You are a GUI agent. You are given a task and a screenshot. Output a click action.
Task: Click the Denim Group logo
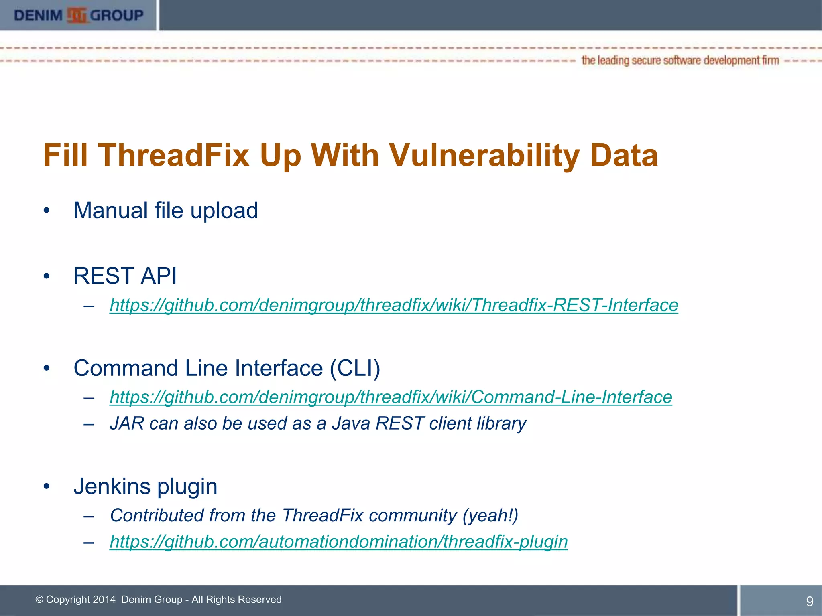click(79, 15)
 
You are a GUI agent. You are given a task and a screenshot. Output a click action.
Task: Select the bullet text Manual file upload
click(165, 211)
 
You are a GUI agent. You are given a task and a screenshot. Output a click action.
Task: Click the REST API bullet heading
click(125, 276)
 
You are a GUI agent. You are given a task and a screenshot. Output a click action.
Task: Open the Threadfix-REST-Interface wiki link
click(394, 305)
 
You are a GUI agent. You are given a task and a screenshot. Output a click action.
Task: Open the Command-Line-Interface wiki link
click(391, 397)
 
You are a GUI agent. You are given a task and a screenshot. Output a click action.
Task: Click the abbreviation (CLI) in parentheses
click(355, 368)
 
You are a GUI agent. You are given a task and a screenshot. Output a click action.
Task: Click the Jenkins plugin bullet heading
click(145, 486)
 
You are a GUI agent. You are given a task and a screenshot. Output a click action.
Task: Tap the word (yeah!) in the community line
click(490, 515)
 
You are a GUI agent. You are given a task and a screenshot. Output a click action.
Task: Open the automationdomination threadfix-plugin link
click(338, 542)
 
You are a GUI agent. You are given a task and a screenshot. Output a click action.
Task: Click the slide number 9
click(810, 601)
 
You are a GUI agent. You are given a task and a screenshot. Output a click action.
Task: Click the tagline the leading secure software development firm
click(680, 61)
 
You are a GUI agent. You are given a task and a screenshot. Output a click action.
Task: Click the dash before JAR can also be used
click(89, 424)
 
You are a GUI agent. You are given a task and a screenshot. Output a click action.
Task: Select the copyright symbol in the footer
click(39, 600)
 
